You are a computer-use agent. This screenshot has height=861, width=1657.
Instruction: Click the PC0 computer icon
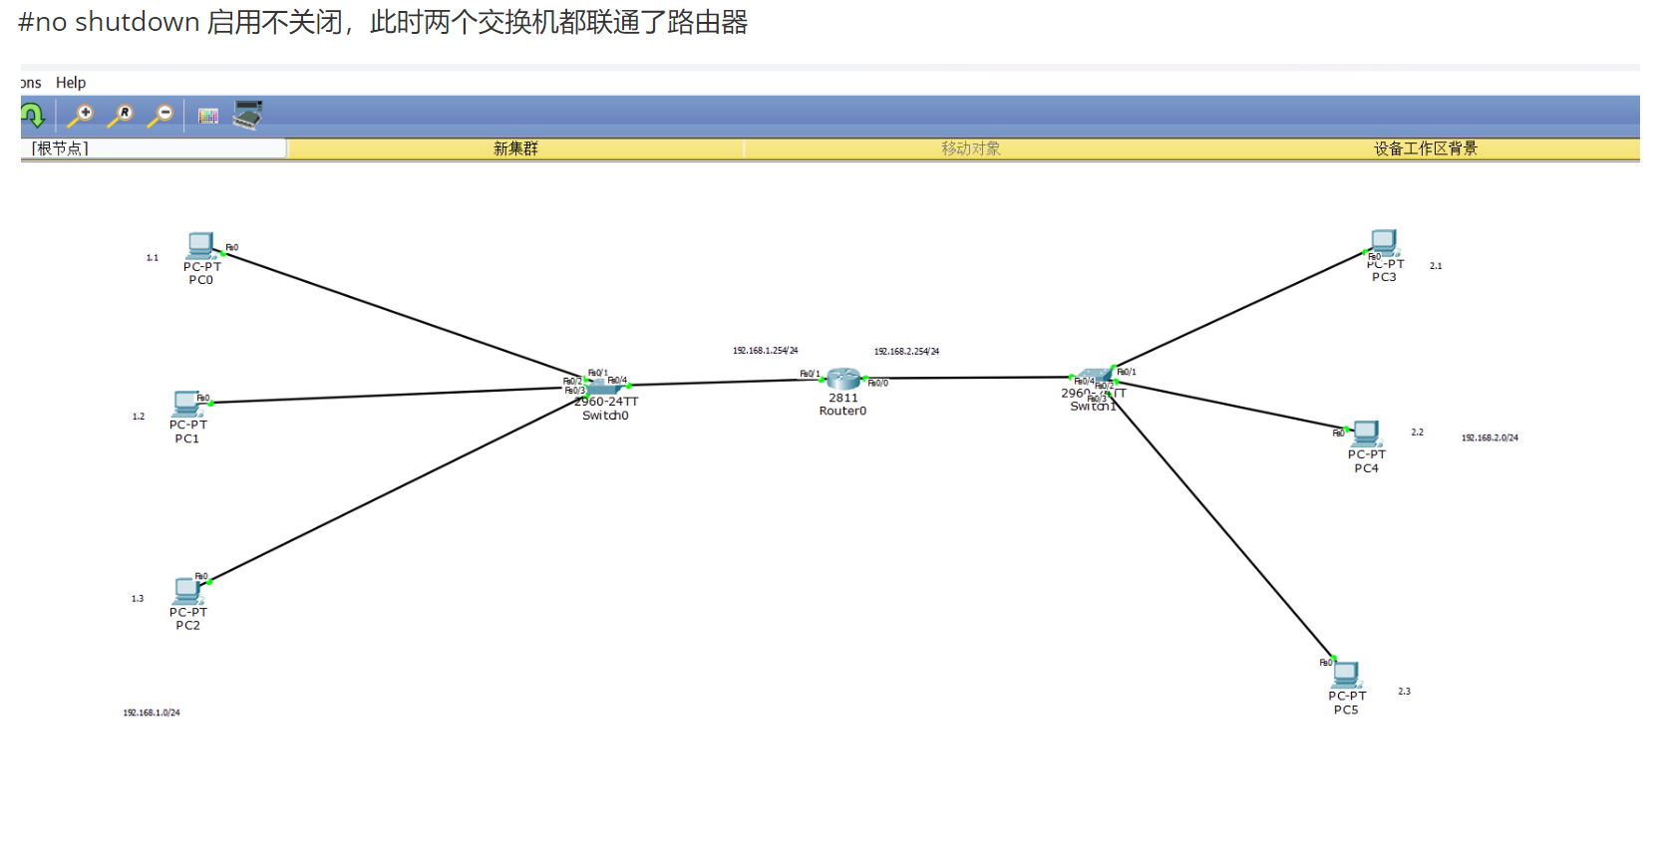coord(200,244)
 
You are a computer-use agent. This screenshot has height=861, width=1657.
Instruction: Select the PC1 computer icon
coord(186,403)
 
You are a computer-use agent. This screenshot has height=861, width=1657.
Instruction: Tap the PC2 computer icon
coord(187,590)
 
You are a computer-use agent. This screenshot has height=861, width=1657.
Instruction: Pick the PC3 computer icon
coord(1384,242)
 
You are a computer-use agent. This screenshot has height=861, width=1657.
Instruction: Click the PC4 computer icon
coord(1366,432)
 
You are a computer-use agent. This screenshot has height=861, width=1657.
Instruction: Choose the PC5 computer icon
coord(1346,675)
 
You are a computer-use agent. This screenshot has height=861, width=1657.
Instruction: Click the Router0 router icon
coord(843,379)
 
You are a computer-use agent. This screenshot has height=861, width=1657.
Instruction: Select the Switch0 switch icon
coord(603,385)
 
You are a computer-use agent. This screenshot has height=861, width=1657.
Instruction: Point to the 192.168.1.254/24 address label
coord(765,351)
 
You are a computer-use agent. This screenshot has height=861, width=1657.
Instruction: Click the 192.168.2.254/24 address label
coord(906,352)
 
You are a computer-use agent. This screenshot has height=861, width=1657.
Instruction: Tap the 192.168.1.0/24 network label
coord(152,713)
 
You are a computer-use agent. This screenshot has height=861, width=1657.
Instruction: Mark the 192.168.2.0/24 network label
coord(1490,437)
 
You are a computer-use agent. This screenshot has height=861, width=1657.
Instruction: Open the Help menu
coord(71,83)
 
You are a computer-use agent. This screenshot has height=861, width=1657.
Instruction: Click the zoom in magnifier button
coord(80,116)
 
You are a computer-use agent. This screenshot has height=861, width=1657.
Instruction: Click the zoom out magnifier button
coord(161,116)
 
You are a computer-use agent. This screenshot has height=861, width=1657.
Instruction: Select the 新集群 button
coord(515,148)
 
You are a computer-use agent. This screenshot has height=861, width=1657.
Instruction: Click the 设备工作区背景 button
coord(1425,148)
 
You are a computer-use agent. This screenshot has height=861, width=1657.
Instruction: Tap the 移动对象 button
coord(970,148)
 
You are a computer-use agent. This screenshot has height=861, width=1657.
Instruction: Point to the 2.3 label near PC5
coord(1404,691)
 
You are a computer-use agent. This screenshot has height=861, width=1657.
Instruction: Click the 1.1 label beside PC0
coord(153,258)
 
